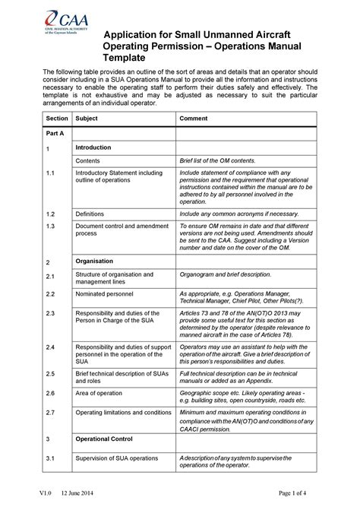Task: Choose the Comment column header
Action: coord(194,119)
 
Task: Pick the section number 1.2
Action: coord(51,214)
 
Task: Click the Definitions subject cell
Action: coord(90,214)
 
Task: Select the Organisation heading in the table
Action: coord(94,260)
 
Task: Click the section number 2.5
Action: coord(51,374)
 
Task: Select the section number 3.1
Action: coord(51,458)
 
